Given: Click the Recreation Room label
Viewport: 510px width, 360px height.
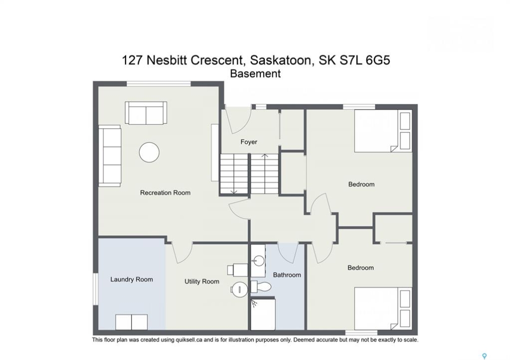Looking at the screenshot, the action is point(165,192).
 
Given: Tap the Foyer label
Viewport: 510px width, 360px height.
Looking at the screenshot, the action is point(249,142).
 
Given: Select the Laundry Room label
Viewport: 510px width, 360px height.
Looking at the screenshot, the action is point(132,279).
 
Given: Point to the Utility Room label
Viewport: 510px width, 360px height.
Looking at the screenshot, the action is point(202,281).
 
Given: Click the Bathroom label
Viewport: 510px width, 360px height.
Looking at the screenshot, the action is point(287,275).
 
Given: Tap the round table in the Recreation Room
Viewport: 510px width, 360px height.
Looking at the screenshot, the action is point(149,152).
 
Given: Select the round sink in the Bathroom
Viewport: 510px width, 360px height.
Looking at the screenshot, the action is point(259,260).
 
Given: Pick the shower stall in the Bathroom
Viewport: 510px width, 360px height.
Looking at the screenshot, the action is point(263,314).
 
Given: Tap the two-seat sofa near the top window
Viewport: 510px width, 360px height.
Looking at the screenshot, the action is point(146,112).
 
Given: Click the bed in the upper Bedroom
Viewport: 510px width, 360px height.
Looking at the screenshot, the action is point(382,131).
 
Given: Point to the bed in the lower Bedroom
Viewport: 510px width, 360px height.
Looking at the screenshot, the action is point(382,308).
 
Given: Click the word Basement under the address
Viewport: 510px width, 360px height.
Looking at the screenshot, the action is point(255,74).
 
